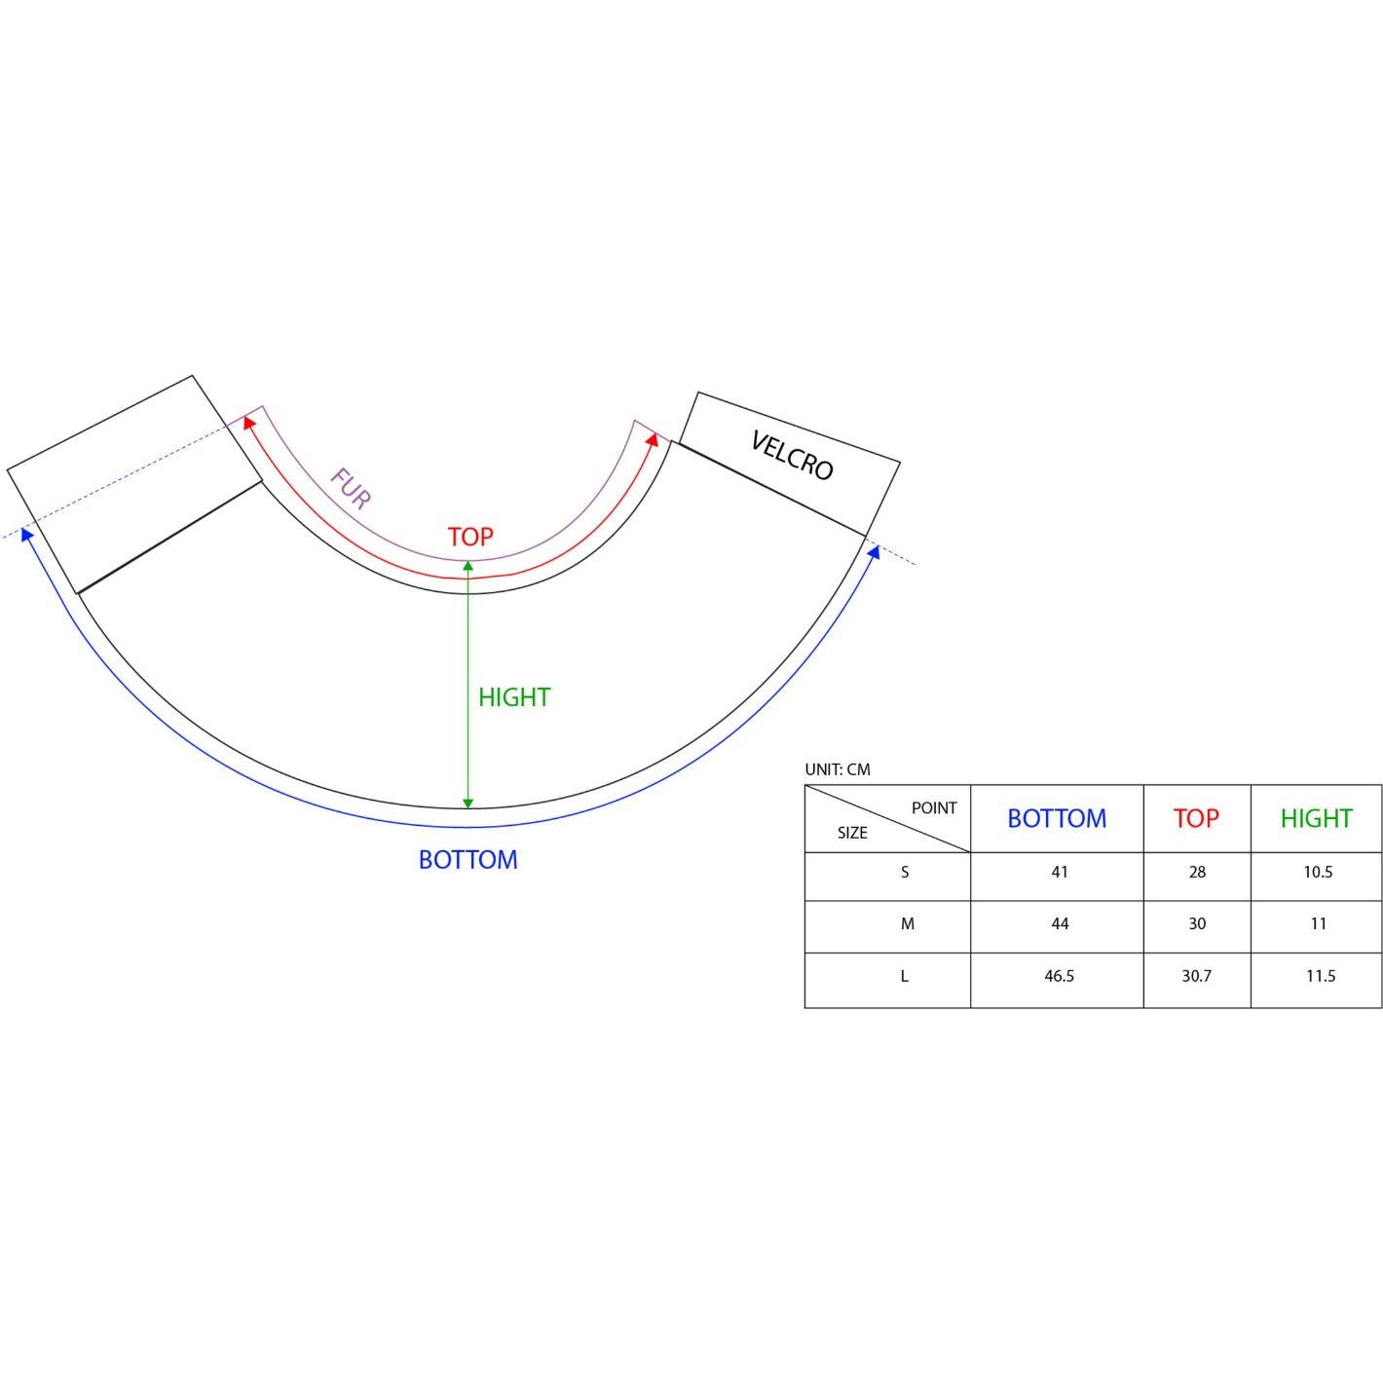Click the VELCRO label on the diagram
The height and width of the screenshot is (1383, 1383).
coord(792,455)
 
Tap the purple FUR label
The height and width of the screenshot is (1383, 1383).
coord(351,488)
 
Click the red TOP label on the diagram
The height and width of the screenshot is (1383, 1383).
coord(470,537)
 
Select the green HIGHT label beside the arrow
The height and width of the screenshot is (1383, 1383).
coord(514,697)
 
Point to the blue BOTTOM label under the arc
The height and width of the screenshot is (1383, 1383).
coord(467,860)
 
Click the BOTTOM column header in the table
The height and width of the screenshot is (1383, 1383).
coord(1057,818)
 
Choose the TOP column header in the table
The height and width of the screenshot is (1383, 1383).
coord(1196,818)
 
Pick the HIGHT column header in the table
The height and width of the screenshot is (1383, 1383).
coord(1316,818)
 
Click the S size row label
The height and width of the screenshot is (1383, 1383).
coord(904,872)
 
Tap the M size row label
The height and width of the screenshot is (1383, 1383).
coord(907,923)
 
